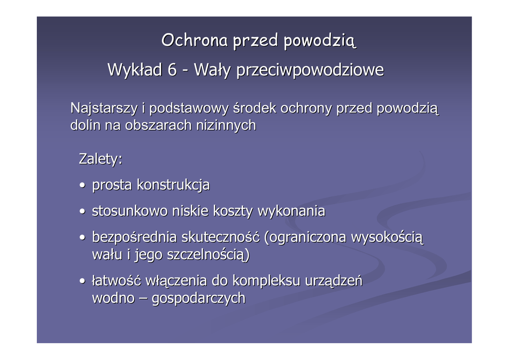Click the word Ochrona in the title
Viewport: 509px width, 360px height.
point(194,40)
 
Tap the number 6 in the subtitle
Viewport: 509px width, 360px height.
point(172,70)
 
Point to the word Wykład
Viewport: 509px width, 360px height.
point(135,70)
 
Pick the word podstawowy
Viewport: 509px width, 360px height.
point(189,108)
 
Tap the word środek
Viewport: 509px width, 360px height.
point(254,108)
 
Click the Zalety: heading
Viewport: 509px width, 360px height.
point(100,159)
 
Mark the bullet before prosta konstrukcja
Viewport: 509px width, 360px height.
point(83,185)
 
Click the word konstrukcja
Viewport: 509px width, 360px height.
point(173,185)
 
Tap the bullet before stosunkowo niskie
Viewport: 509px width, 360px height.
point(83,211)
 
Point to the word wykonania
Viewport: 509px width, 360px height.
point(291,211)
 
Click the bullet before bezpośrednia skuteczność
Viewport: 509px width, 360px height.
point(83,237)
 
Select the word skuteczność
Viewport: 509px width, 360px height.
point(220,237)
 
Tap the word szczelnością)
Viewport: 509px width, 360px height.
point(208,255)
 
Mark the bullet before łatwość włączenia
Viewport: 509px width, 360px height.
point(83,281)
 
